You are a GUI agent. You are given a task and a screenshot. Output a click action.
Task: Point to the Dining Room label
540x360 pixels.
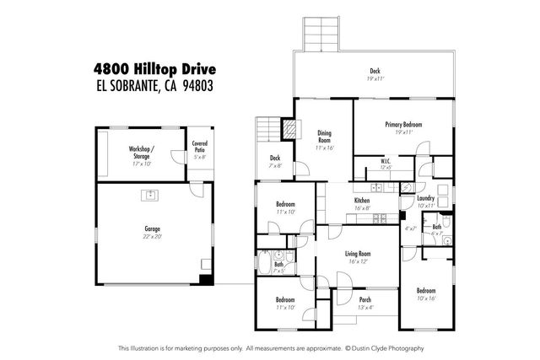(x=324, y=137)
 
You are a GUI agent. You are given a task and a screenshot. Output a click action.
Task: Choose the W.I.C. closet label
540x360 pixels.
(x=385, y=160)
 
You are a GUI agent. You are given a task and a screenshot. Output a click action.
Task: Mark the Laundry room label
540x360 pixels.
(x=425, y=198)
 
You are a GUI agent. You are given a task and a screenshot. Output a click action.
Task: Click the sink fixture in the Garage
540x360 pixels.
(x=151, y=196)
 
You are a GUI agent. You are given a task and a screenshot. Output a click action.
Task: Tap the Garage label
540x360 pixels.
(x=152, y=229)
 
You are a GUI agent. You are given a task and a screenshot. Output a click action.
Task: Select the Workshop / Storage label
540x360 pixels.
(x=141, y=152)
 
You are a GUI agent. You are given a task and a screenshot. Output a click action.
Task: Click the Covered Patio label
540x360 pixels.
(x=199, y=146)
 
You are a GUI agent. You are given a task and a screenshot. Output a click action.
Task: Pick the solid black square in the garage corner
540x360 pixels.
(x=202, y=279)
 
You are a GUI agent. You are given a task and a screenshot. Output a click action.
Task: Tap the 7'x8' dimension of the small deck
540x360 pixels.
(x=274, y=165)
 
